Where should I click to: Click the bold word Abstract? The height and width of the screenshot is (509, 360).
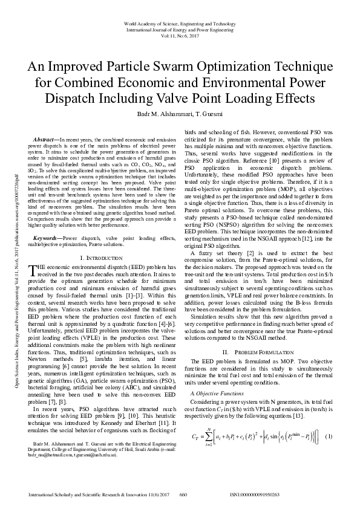(x=46, y=140)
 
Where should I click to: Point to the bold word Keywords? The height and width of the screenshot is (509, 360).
(x=48, y=222)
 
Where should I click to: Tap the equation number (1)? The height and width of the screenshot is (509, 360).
(x=329, y=436)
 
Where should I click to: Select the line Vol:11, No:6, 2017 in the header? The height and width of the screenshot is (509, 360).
(x=179, y=36)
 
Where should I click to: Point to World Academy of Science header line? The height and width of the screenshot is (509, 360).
(x=179, y=23)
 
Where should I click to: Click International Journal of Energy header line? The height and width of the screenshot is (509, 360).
(x=179, y=30)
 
